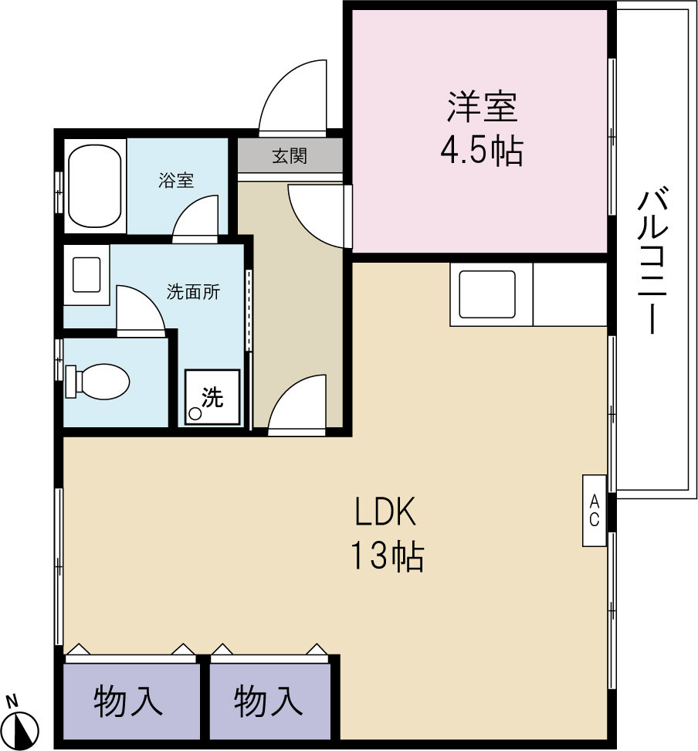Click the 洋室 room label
coord(481,107)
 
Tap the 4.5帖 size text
coord(481,151)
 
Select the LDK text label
coord(386,512)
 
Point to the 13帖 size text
coord(388,556)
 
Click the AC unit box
coord(594,511)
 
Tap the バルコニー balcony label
coord(651,263)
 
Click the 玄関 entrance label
coord(290,156)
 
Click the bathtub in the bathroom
coord(94,185)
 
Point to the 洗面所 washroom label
coord(193,292)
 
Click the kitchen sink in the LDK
coord(487,294)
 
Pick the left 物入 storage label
coord(128,702)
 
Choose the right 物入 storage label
coord(267,702)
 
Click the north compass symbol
coord(25,727)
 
